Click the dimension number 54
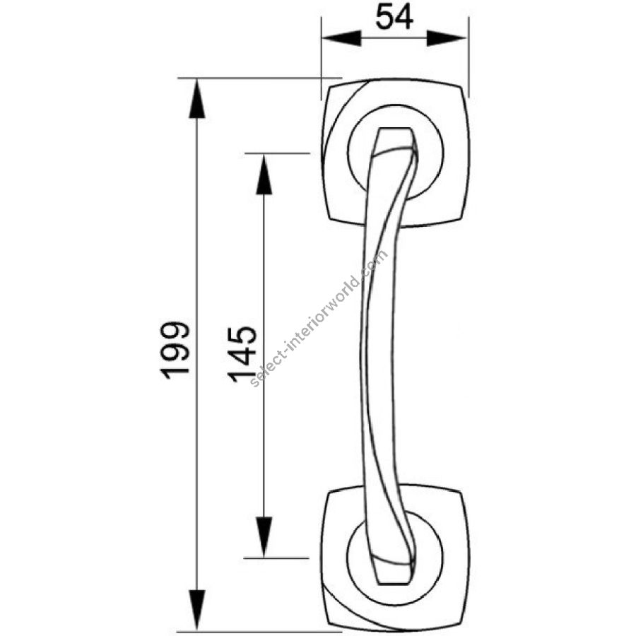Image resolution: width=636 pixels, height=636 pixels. click(x=394, y=17)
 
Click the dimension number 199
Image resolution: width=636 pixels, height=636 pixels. click(x=175, y=351)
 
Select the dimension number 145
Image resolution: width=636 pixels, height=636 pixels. click(x=242, y=354)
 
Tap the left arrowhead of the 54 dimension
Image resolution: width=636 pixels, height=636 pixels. click(x=341, y=39)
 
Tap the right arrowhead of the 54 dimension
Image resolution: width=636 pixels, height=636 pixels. click(x=447, y=39)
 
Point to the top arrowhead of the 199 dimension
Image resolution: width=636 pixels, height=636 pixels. click(x=197, y=98)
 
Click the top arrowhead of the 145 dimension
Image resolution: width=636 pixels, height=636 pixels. click(x=264, y=175)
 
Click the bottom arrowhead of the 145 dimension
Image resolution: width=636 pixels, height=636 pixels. click(x=264, y=537)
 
